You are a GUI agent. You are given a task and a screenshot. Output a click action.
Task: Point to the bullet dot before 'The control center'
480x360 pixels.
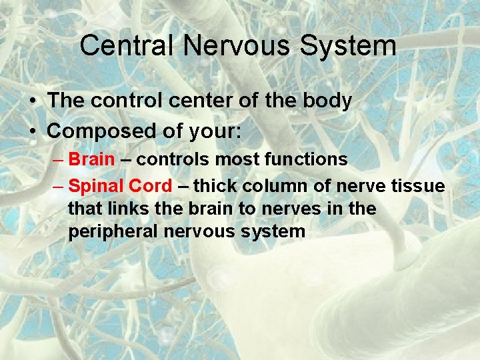[33, 101]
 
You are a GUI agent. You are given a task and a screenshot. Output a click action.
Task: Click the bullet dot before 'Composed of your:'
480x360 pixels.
[33, 131]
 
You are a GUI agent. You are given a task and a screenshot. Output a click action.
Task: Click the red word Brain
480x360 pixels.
[91, 159]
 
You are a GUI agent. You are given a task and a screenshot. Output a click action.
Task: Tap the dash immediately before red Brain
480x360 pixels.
[58, 159]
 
